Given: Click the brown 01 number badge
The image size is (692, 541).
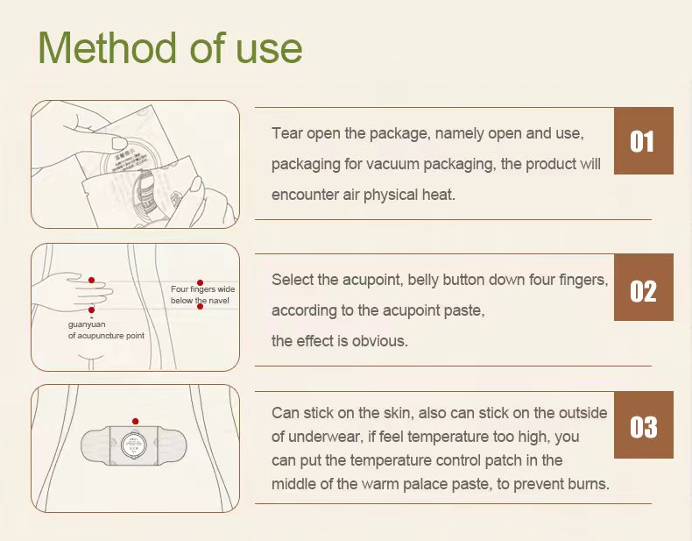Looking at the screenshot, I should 644,141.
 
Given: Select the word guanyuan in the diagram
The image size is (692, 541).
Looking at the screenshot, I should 87,324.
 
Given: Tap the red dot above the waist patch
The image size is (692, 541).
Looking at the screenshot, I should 135,421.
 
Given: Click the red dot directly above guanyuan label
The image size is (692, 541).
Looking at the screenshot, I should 91,310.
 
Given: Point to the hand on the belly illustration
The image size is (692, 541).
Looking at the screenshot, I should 74,290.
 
